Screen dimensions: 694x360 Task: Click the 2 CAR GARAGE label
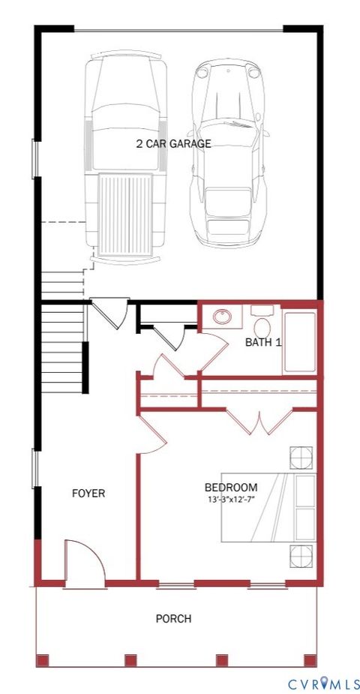pos(173,143)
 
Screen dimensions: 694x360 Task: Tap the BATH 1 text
pos(263,342)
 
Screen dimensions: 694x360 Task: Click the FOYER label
pos(88,493)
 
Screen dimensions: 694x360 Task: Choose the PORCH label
pos(172,618)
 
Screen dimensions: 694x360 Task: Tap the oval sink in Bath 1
pos(223,317)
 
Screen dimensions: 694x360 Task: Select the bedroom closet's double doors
pos(259,422)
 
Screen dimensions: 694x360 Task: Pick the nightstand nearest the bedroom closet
pos(301,457)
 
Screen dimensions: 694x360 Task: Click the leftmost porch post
pos(43,660)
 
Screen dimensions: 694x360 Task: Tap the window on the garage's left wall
pos(34,159)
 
